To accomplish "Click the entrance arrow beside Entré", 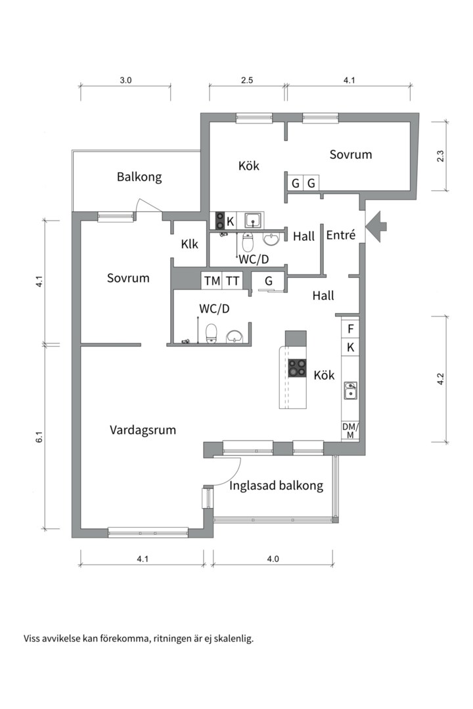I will click(376, 226).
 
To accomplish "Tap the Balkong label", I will click(139, 177).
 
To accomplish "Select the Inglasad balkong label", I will click(277, 486).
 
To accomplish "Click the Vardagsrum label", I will click(143, 430).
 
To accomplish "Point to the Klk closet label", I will click(190, 244).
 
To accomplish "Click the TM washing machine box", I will click(212, 281).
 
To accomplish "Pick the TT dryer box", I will click(233, 281).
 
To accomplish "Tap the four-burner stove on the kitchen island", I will click(298, 368).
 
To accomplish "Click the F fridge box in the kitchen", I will click(351, 329).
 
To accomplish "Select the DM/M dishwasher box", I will click(351, 431).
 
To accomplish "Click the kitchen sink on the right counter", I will click(351, 392).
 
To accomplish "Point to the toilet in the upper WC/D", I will click(248, 243).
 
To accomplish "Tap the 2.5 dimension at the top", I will click(247, 81).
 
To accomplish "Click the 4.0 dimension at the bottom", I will click(273, 559).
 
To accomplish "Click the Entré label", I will click(340, 235).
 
